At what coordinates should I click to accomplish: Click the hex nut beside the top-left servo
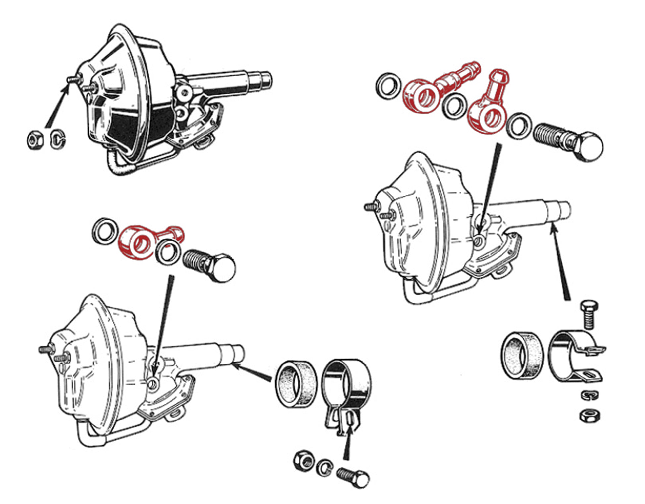(x=35, y=140)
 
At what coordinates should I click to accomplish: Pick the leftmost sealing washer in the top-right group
(x=388, y=86)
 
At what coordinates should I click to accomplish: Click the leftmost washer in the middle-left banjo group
(x=105, y=231)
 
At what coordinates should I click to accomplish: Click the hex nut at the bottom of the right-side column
(x=589, y=415)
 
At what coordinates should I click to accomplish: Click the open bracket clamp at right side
(x=573, y=356)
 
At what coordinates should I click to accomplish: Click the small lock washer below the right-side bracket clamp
(x=589, y=395)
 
